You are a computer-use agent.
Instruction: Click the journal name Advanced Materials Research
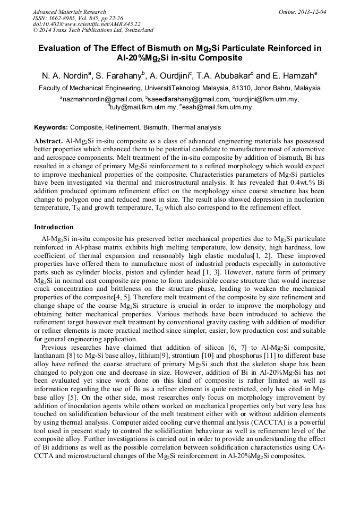tap(69, 12)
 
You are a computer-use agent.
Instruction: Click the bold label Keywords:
tap(51, 127)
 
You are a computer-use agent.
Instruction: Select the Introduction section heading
tap(54, 227)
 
